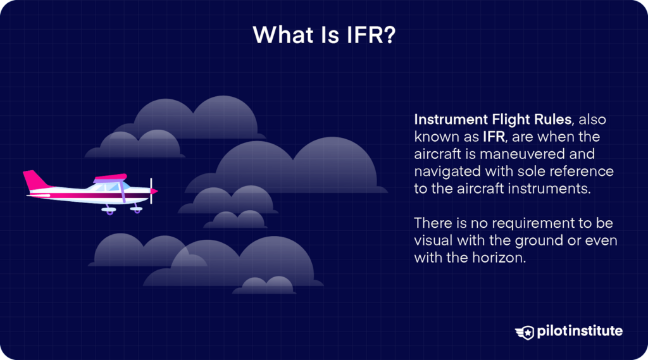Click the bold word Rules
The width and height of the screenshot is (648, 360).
click(x=551, y=120)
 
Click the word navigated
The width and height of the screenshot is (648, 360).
click(x=445, y=171)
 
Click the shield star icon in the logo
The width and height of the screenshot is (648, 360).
click(x=525, y=332)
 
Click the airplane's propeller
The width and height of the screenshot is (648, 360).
click(x=152, y=190)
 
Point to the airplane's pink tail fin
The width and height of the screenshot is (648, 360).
click(x=34, y=180)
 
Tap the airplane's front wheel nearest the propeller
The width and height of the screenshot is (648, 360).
click(x=135, y=209)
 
